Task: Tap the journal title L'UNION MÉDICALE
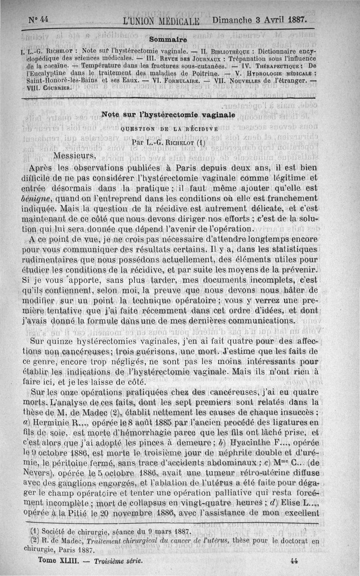pos(163,21)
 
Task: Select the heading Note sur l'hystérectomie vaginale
pos(168,115)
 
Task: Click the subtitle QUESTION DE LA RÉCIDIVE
pos(166,129)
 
